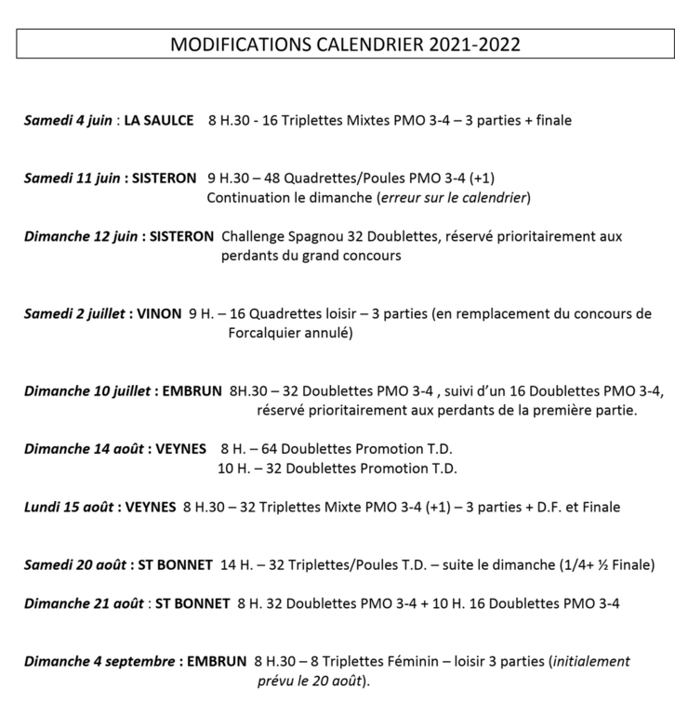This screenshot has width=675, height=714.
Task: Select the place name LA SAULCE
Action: [159, 120]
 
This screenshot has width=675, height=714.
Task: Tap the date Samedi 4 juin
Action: [68, 120]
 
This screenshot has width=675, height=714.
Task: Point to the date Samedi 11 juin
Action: [72, 178]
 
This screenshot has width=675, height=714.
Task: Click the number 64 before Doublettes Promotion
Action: [278, 448]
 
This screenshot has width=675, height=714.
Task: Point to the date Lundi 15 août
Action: [70, 507]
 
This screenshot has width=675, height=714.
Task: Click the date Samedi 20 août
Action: [71, 564]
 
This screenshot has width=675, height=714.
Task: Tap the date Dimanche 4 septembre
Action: [99, 662]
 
